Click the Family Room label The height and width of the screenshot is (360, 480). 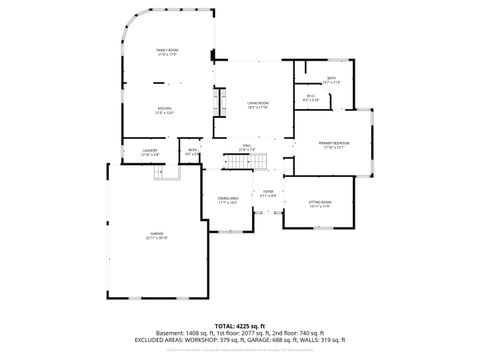coord(166,51)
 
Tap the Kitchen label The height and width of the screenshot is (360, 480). coord(165,110)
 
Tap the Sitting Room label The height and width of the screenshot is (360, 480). coord(319,204)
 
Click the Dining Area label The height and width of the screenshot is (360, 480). coord(228,200)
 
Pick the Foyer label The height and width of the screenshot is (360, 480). coord(268,192)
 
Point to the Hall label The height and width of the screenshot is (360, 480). coord(246,148)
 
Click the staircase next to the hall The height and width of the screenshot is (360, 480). coord(259,162)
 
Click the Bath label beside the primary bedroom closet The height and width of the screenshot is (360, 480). coord(331,79)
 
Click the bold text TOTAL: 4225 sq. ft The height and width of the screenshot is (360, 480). coord(240,325)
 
